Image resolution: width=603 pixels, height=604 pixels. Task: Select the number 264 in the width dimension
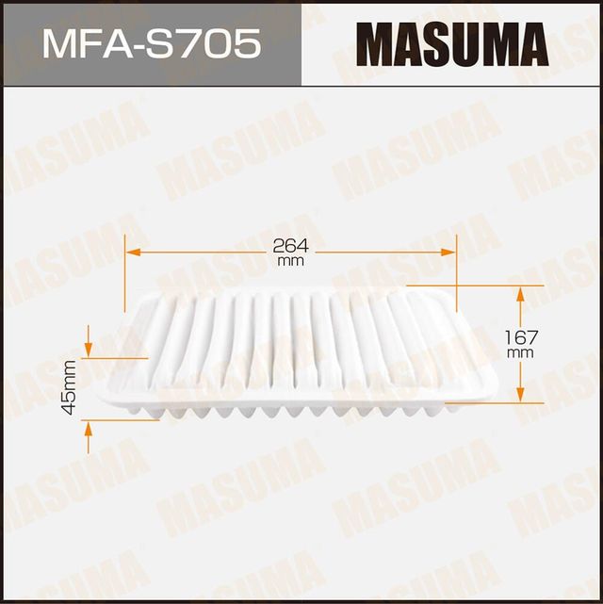[x=291, y=245]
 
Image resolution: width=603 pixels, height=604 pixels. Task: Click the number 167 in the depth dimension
[x=520, y=335]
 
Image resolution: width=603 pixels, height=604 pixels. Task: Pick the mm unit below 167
[x=520, y=351]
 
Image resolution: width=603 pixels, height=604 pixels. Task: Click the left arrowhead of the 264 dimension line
[x=132, y=253]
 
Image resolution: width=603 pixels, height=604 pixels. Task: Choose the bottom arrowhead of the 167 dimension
[x=520, y=395]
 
